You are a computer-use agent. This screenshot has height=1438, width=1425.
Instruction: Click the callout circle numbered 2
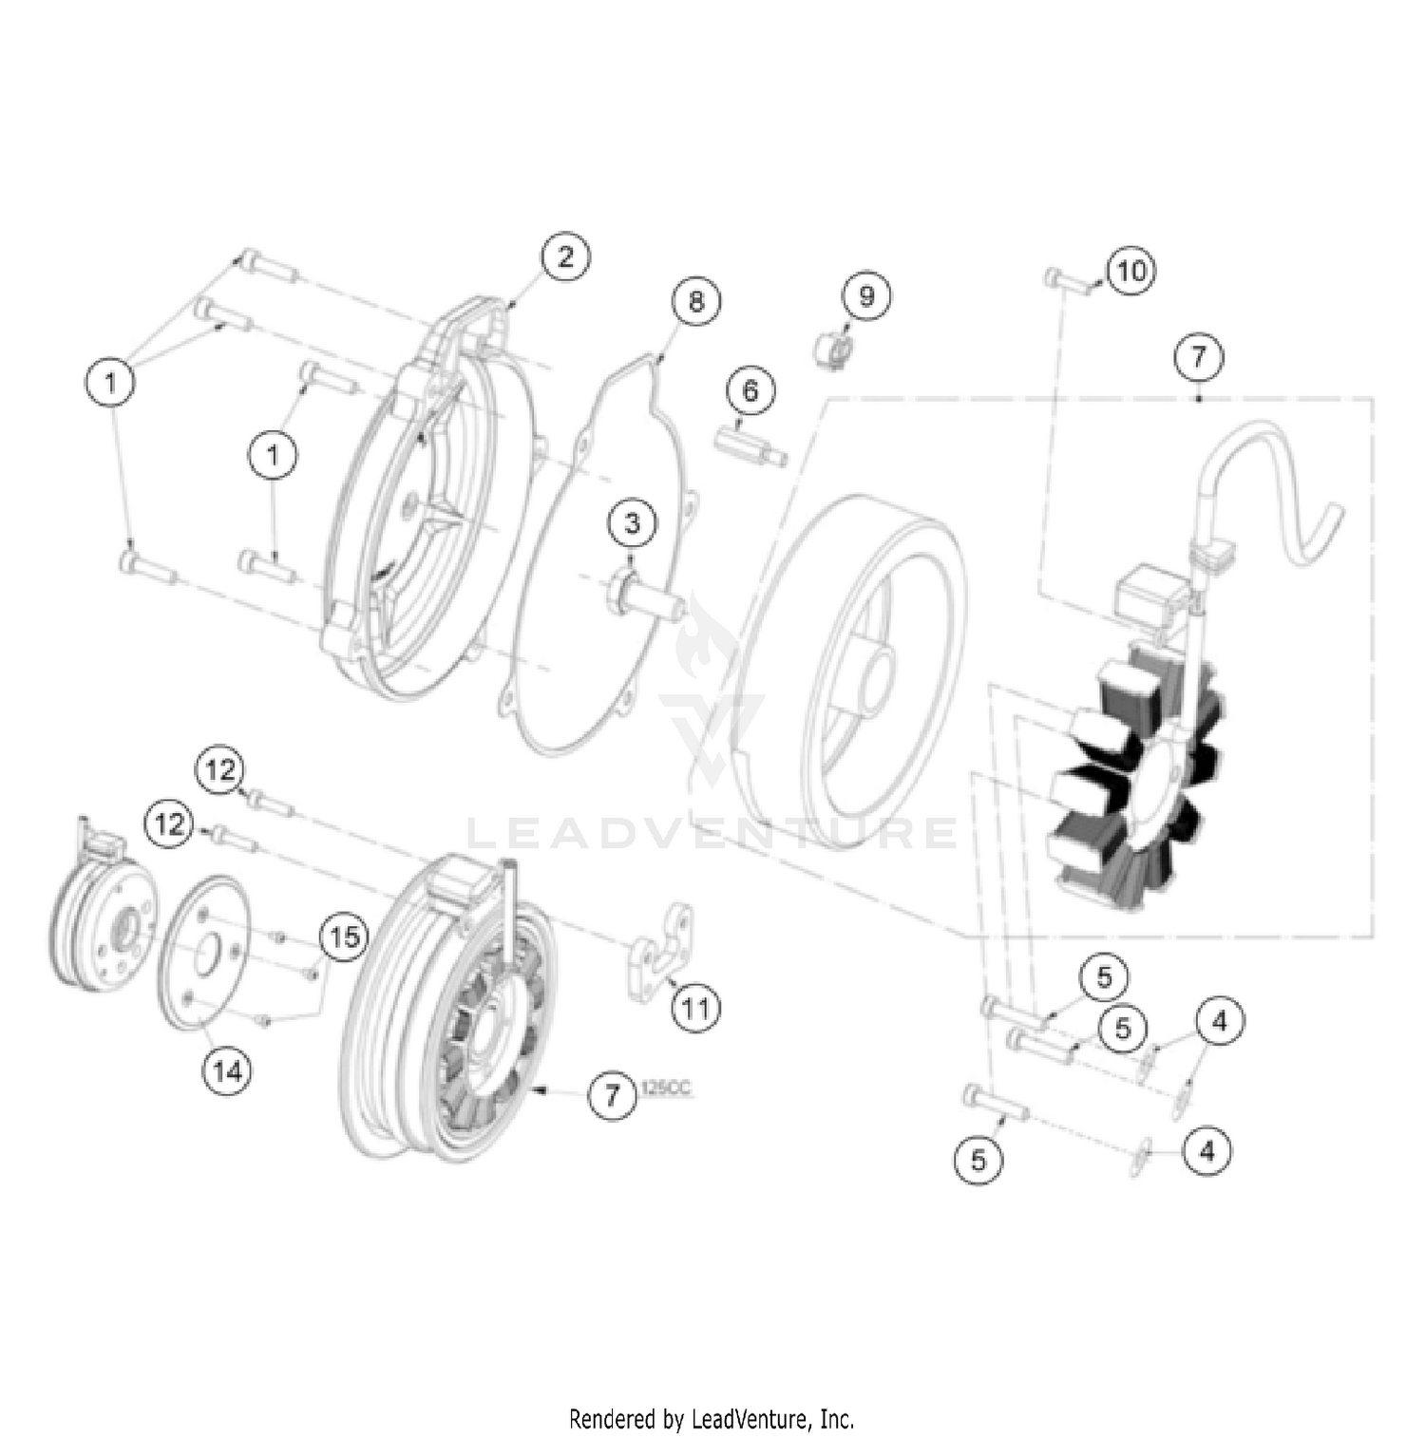566,256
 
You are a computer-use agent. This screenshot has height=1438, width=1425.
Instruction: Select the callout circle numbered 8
696,301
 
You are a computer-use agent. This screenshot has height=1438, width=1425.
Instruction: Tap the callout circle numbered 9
866,295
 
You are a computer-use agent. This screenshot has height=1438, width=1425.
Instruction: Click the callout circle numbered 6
750,391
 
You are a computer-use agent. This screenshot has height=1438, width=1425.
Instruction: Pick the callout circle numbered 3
633,522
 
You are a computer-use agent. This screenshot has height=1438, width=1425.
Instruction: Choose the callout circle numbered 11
696,1007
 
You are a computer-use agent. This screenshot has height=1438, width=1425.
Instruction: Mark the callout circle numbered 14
227,1071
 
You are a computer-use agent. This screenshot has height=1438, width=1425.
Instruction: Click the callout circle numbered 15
344,937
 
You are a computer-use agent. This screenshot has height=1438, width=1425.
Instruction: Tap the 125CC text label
666,1089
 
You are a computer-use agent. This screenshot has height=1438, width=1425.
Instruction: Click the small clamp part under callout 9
832,348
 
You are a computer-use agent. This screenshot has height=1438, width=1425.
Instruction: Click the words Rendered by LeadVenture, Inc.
712,1419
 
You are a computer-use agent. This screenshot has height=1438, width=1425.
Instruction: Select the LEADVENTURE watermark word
712,834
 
